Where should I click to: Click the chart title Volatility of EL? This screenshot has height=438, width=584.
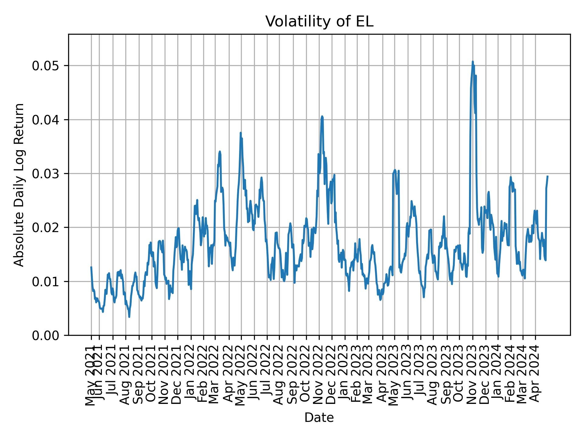coord(319,22)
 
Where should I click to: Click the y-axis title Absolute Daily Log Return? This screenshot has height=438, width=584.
coord(19,185)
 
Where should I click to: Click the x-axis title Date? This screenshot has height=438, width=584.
coord(319,418)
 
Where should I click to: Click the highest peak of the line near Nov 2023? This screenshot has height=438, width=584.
coord(473,62)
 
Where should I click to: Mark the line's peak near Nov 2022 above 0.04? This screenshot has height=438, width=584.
coord(322,116)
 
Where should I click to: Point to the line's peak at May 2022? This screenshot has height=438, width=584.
coord(241,133)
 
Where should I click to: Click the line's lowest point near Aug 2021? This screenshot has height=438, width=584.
coord(129,317)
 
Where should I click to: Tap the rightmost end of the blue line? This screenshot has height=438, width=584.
coord(547,176)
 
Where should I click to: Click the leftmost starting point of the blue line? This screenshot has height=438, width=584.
coord(91,267)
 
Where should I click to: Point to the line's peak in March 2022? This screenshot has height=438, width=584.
coord(220,151)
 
